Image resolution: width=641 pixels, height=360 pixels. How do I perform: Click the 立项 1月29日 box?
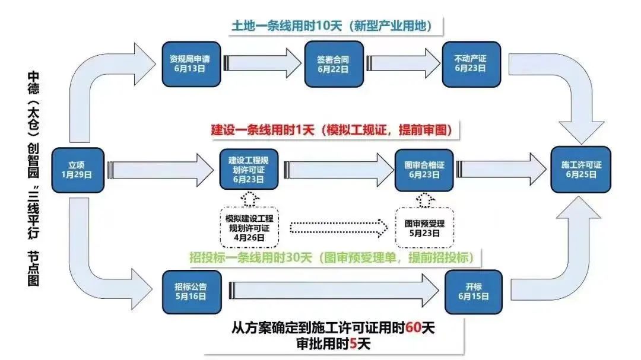(78, 170)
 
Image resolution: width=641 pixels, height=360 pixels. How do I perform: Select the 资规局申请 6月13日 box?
(191, 64)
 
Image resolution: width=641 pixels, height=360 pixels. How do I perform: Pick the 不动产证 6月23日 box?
(471, 64)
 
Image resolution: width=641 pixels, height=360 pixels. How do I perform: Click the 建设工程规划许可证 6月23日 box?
(249, 169)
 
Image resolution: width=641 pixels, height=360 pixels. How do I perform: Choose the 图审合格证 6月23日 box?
(424, 170)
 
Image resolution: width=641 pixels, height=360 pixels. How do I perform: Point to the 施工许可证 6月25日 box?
(581, 170)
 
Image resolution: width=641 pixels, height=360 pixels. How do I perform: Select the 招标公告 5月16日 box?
(192, 292)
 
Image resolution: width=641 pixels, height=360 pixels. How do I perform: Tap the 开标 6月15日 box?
(474, 292)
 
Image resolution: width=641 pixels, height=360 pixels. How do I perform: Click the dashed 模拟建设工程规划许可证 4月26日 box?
(249, 228)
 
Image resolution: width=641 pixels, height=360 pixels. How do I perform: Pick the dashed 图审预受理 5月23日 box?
(425, 228)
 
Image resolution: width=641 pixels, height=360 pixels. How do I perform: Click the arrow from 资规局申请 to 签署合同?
(262, 63)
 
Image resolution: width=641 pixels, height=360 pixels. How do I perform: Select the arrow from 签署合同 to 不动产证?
(403, 63)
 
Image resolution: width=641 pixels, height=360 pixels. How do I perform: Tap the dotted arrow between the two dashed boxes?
(339, 228)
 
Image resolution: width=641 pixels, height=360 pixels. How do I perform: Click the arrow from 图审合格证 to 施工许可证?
(501, 169)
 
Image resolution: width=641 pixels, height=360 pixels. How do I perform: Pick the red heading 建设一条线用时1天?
(262, 130)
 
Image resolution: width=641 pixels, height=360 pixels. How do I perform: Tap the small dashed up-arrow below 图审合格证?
(425, 200)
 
